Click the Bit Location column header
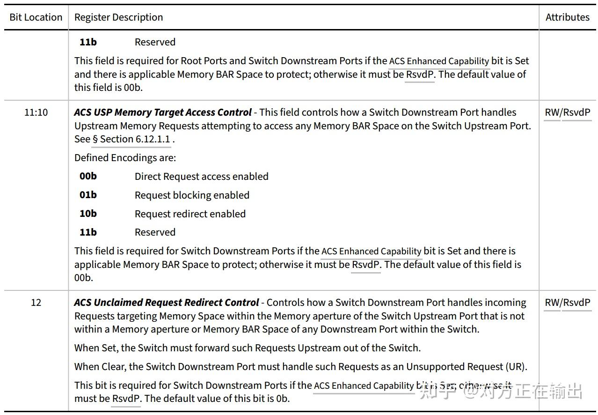(36, 17)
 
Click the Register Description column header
(119, 17)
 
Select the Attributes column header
(567, 17)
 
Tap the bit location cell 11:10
(36, 112)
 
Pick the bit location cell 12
(36, 303)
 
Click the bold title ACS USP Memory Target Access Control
(163, 112)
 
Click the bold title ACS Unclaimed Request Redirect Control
(167, 303)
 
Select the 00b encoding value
(88, 177)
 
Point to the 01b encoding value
(88, 195)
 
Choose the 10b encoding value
(88, 214)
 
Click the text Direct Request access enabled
(201, 177)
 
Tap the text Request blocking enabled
(192, 195)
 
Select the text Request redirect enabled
(190, 214)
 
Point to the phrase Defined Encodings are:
(125, 158)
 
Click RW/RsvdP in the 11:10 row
(568, 112)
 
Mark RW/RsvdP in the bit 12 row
(568, 303)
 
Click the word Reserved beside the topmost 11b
(155, 42)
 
